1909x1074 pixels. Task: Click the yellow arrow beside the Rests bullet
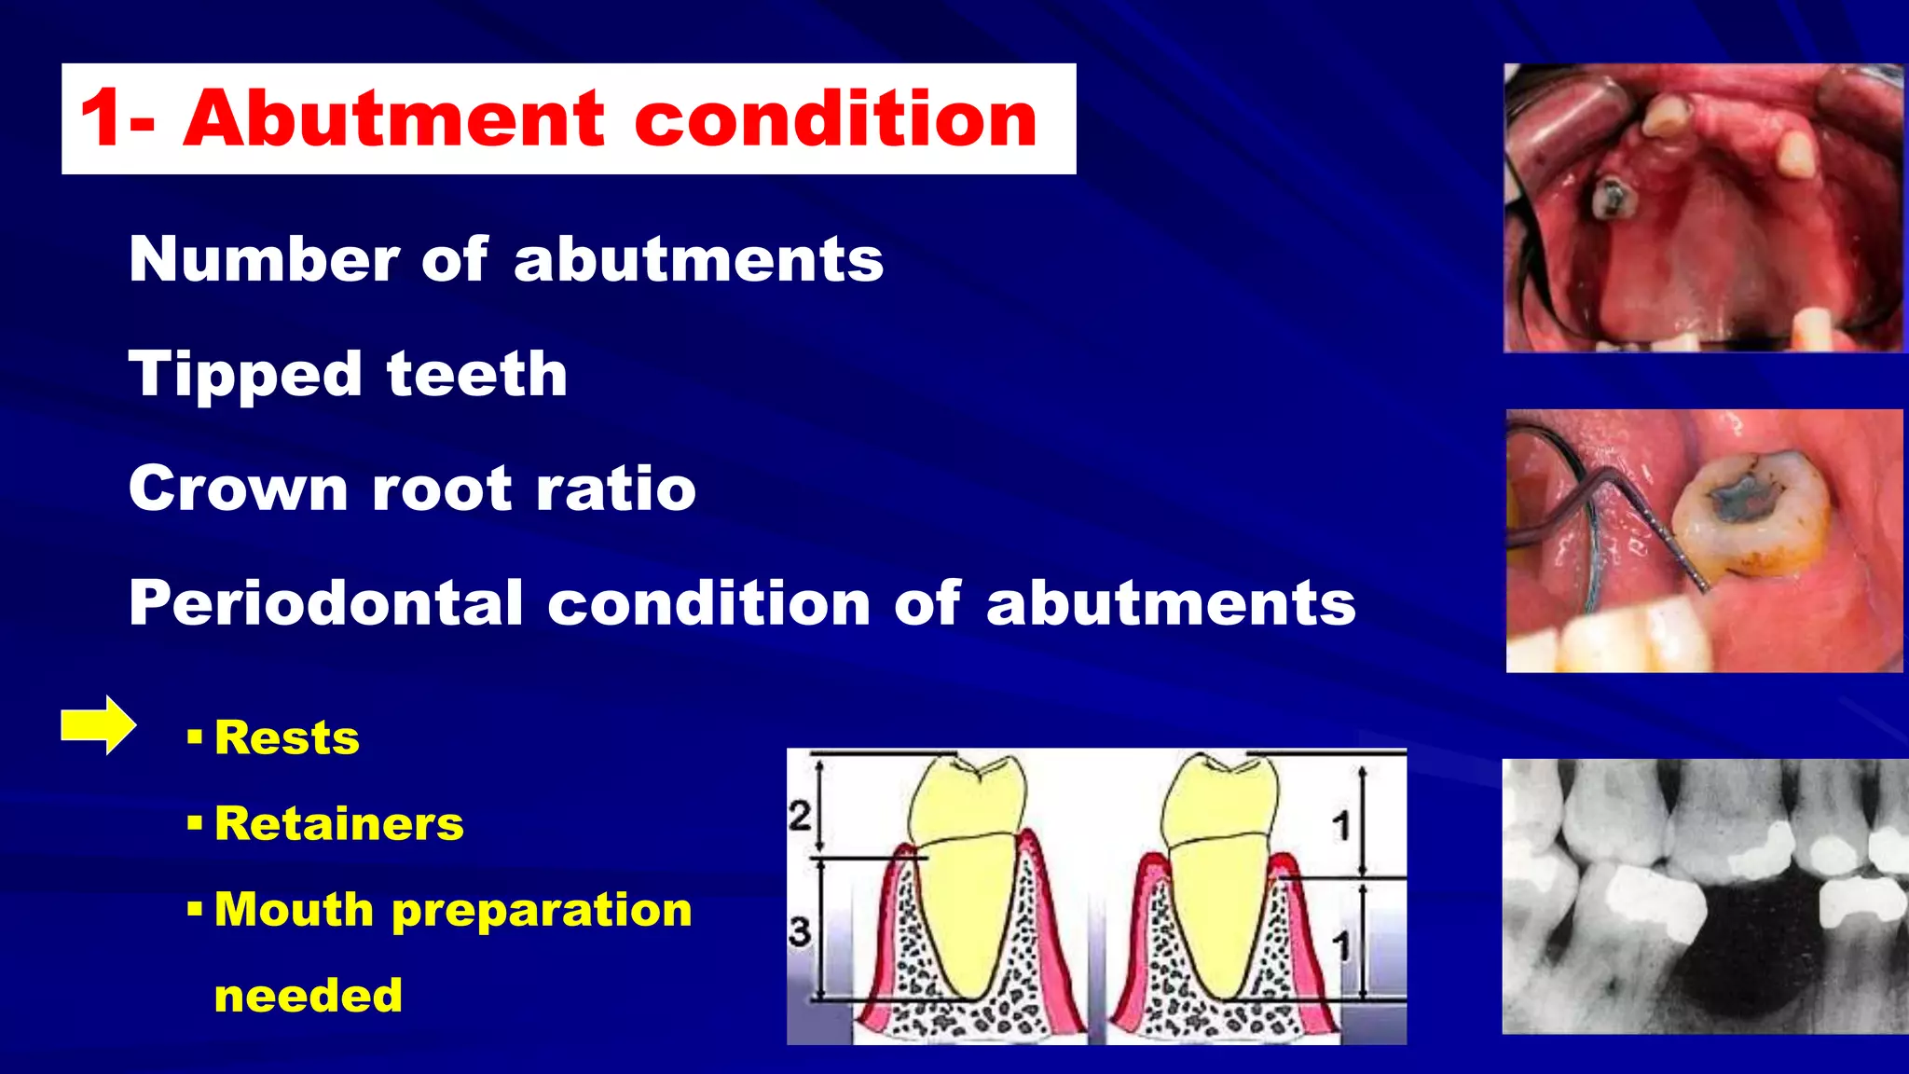[x=98, y=725]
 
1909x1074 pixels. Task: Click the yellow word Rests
[x=287, y=738]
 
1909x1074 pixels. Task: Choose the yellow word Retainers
[x=339, y=824]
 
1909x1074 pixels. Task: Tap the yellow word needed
[x=309, y=996]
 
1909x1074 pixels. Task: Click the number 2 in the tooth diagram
[x=800, y=816]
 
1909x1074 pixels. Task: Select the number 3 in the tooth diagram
[x=800, y=930]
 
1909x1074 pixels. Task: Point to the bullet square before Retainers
[x=195, y=824]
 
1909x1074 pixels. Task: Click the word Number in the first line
[x=264, y=259]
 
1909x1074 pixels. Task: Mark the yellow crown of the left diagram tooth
[x=966, y=802]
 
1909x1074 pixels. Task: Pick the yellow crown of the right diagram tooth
[x=1216, y=802]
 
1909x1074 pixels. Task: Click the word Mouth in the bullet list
[x=295, y=910]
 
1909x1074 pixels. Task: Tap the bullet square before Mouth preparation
[x=195, y=910]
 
